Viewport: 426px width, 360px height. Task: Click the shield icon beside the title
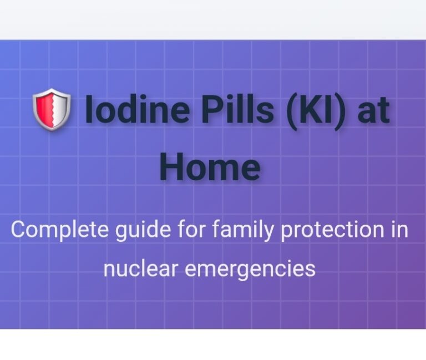[x=52, y=109]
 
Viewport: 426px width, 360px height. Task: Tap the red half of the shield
[x=43, y=109]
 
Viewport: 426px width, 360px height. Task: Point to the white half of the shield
[x=60, y=109]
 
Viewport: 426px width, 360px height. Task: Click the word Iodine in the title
[x=137, y=109]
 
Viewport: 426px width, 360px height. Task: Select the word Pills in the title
[x=237, y=109]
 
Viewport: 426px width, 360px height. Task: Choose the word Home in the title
[x=210, y=166]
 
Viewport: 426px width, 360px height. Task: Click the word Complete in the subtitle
[x=60, y=230]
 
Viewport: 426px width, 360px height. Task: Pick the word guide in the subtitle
[x=143, y=230]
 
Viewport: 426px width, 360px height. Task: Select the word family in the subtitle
[x=242, y=230]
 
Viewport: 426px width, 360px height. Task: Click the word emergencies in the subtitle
[x=250, y=269]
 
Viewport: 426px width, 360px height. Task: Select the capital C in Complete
[x=19, y=229]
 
